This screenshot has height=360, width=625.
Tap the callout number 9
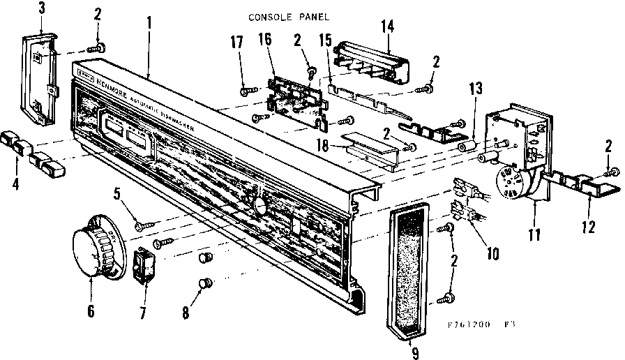pyautogui.click(x=415, y=353)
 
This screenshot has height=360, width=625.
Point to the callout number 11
pyautogui.click(x=535, y=236)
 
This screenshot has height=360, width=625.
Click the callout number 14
pyautogui.click(x=388, y=28)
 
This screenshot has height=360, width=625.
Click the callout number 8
pyautogui.click(x=186, y=313)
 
